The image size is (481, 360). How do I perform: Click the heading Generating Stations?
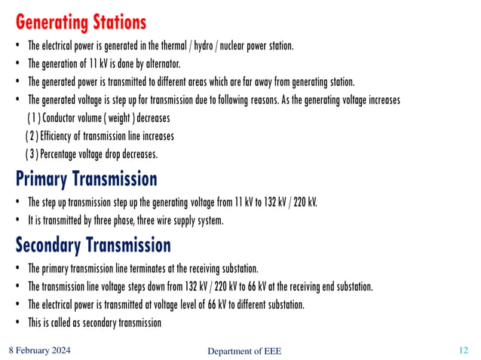tap(81, 20)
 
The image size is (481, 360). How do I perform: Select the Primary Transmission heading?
tap(86, 178)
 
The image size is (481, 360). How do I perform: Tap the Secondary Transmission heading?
tap(93, 245)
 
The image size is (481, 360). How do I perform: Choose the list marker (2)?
tap(31, 136)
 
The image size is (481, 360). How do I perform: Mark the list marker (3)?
tap(31, 154)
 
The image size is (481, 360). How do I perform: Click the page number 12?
tap(464, 350)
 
